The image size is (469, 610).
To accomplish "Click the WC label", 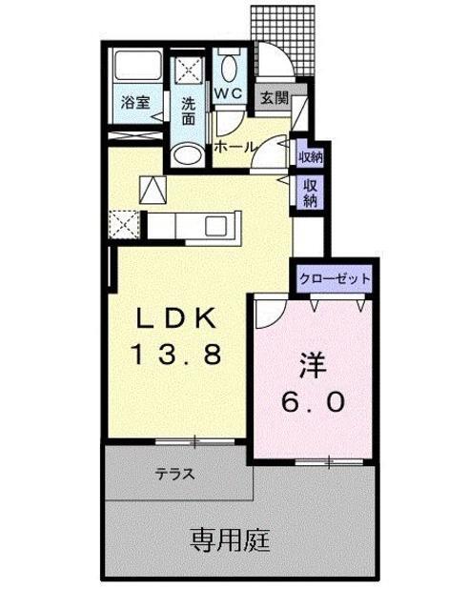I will click(x=227, y=93).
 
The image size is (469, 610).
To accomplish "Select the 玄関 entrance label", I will click(x=272, y=96).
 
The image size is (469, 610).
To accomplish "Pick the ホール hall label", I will click(x=234, y=148).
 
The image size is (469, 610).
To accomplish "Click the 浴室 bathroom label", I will click(x=134, y=103).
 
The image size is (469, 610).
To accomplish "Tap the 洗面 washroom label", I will click(x=189, y=112).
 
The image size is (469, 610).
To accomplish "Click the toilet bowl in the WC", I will click(x=227, y=68).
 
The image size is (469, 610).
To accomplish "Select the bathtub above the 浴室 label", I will click(x=135, y=69).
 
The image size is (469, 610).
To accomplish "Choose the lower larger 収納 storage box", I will click(x=311, y=193).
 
